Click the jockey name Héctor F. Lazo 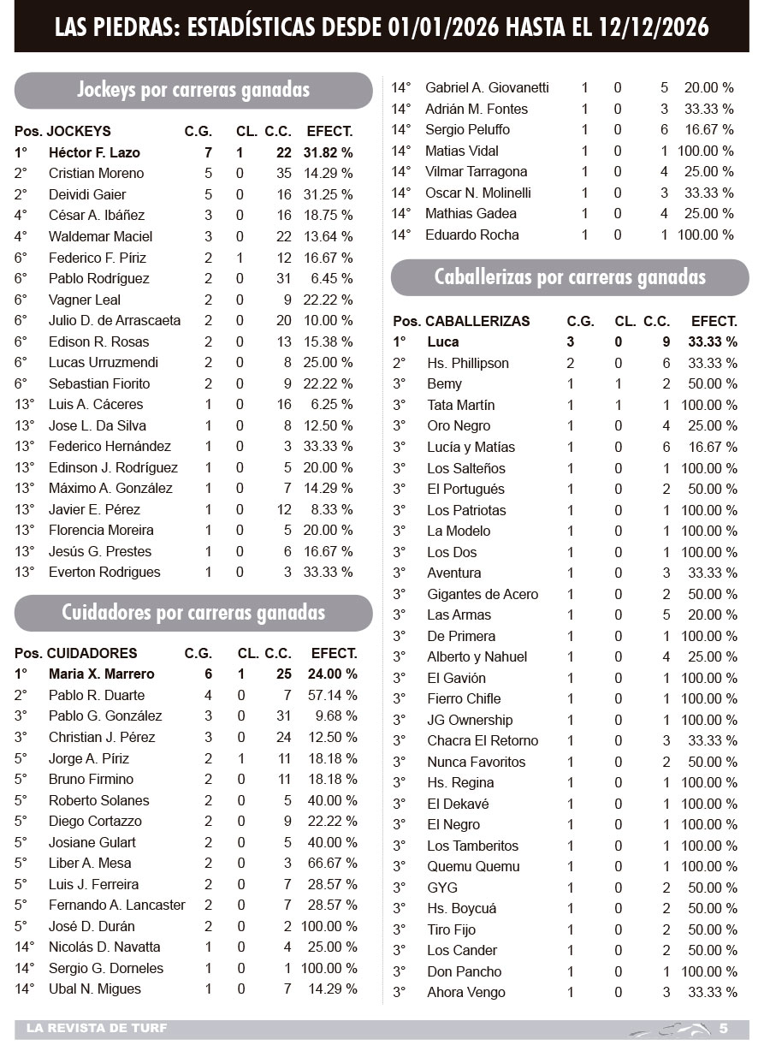[x=94, y=152]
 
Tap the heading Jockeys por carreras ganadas [x=193, y=90]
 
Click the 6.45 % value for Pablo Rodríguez [x=333, y=278]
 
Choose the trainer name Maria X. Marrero [x=101, y=674]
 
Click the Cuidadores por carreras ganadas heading [x=193, y=613]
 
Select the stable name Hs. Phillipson [x=468, y=363]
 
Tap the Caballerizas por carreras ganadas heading [x=570, y=277]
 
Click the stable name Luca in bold [x=443, y=341]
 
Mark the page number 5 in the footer [x=723, y=1028]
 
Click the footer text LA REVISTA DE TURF [x=97, y=1028]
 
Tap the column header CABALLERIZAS [x=477, y=321]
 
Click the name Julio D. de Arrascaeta [x=115, y=320]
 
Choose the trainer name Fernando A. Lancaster [x=116, y=905]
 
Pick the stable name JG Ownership [x=470, y=720]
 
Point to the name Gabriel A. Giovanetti [x=487, y=87]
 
